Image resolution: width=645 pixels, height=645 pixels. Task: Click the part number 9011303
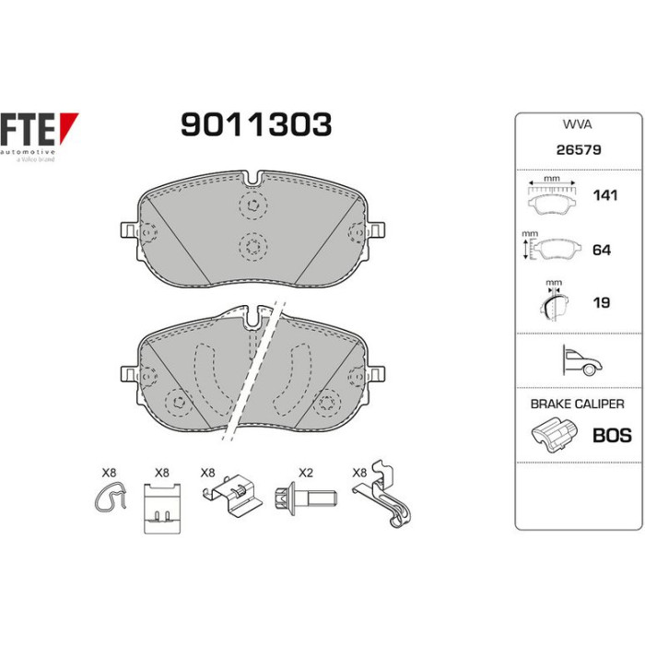pyautogui.click(x=256, y=124)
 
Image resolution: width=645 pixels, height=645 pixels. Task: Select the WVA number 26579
pyautogui.click(x=579, y=149)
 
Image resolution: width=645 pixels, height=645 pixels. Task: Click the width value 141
pyautogui.click(x=605, y=195)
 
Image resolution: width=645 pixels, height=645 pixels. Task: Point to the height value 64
pyautogui.click(x=602, y=250)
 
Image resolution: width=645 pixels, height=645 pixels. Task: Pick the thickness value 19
pyautogui.click(x=602, y=302)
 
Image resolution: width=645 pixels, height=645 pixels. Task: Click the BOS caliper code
pyautogui.click(x=612, y=435)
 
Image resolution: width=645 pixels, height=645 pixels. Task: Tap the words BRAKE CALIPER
pyautogui.click(x=577, y=404)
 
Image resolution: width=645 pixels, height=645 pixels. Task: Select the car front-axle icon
pyautogui.click(x=582, y=360)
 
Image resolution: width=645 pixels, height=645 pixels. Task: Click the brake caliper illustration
pyautogui.click(x=553, y=435)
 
